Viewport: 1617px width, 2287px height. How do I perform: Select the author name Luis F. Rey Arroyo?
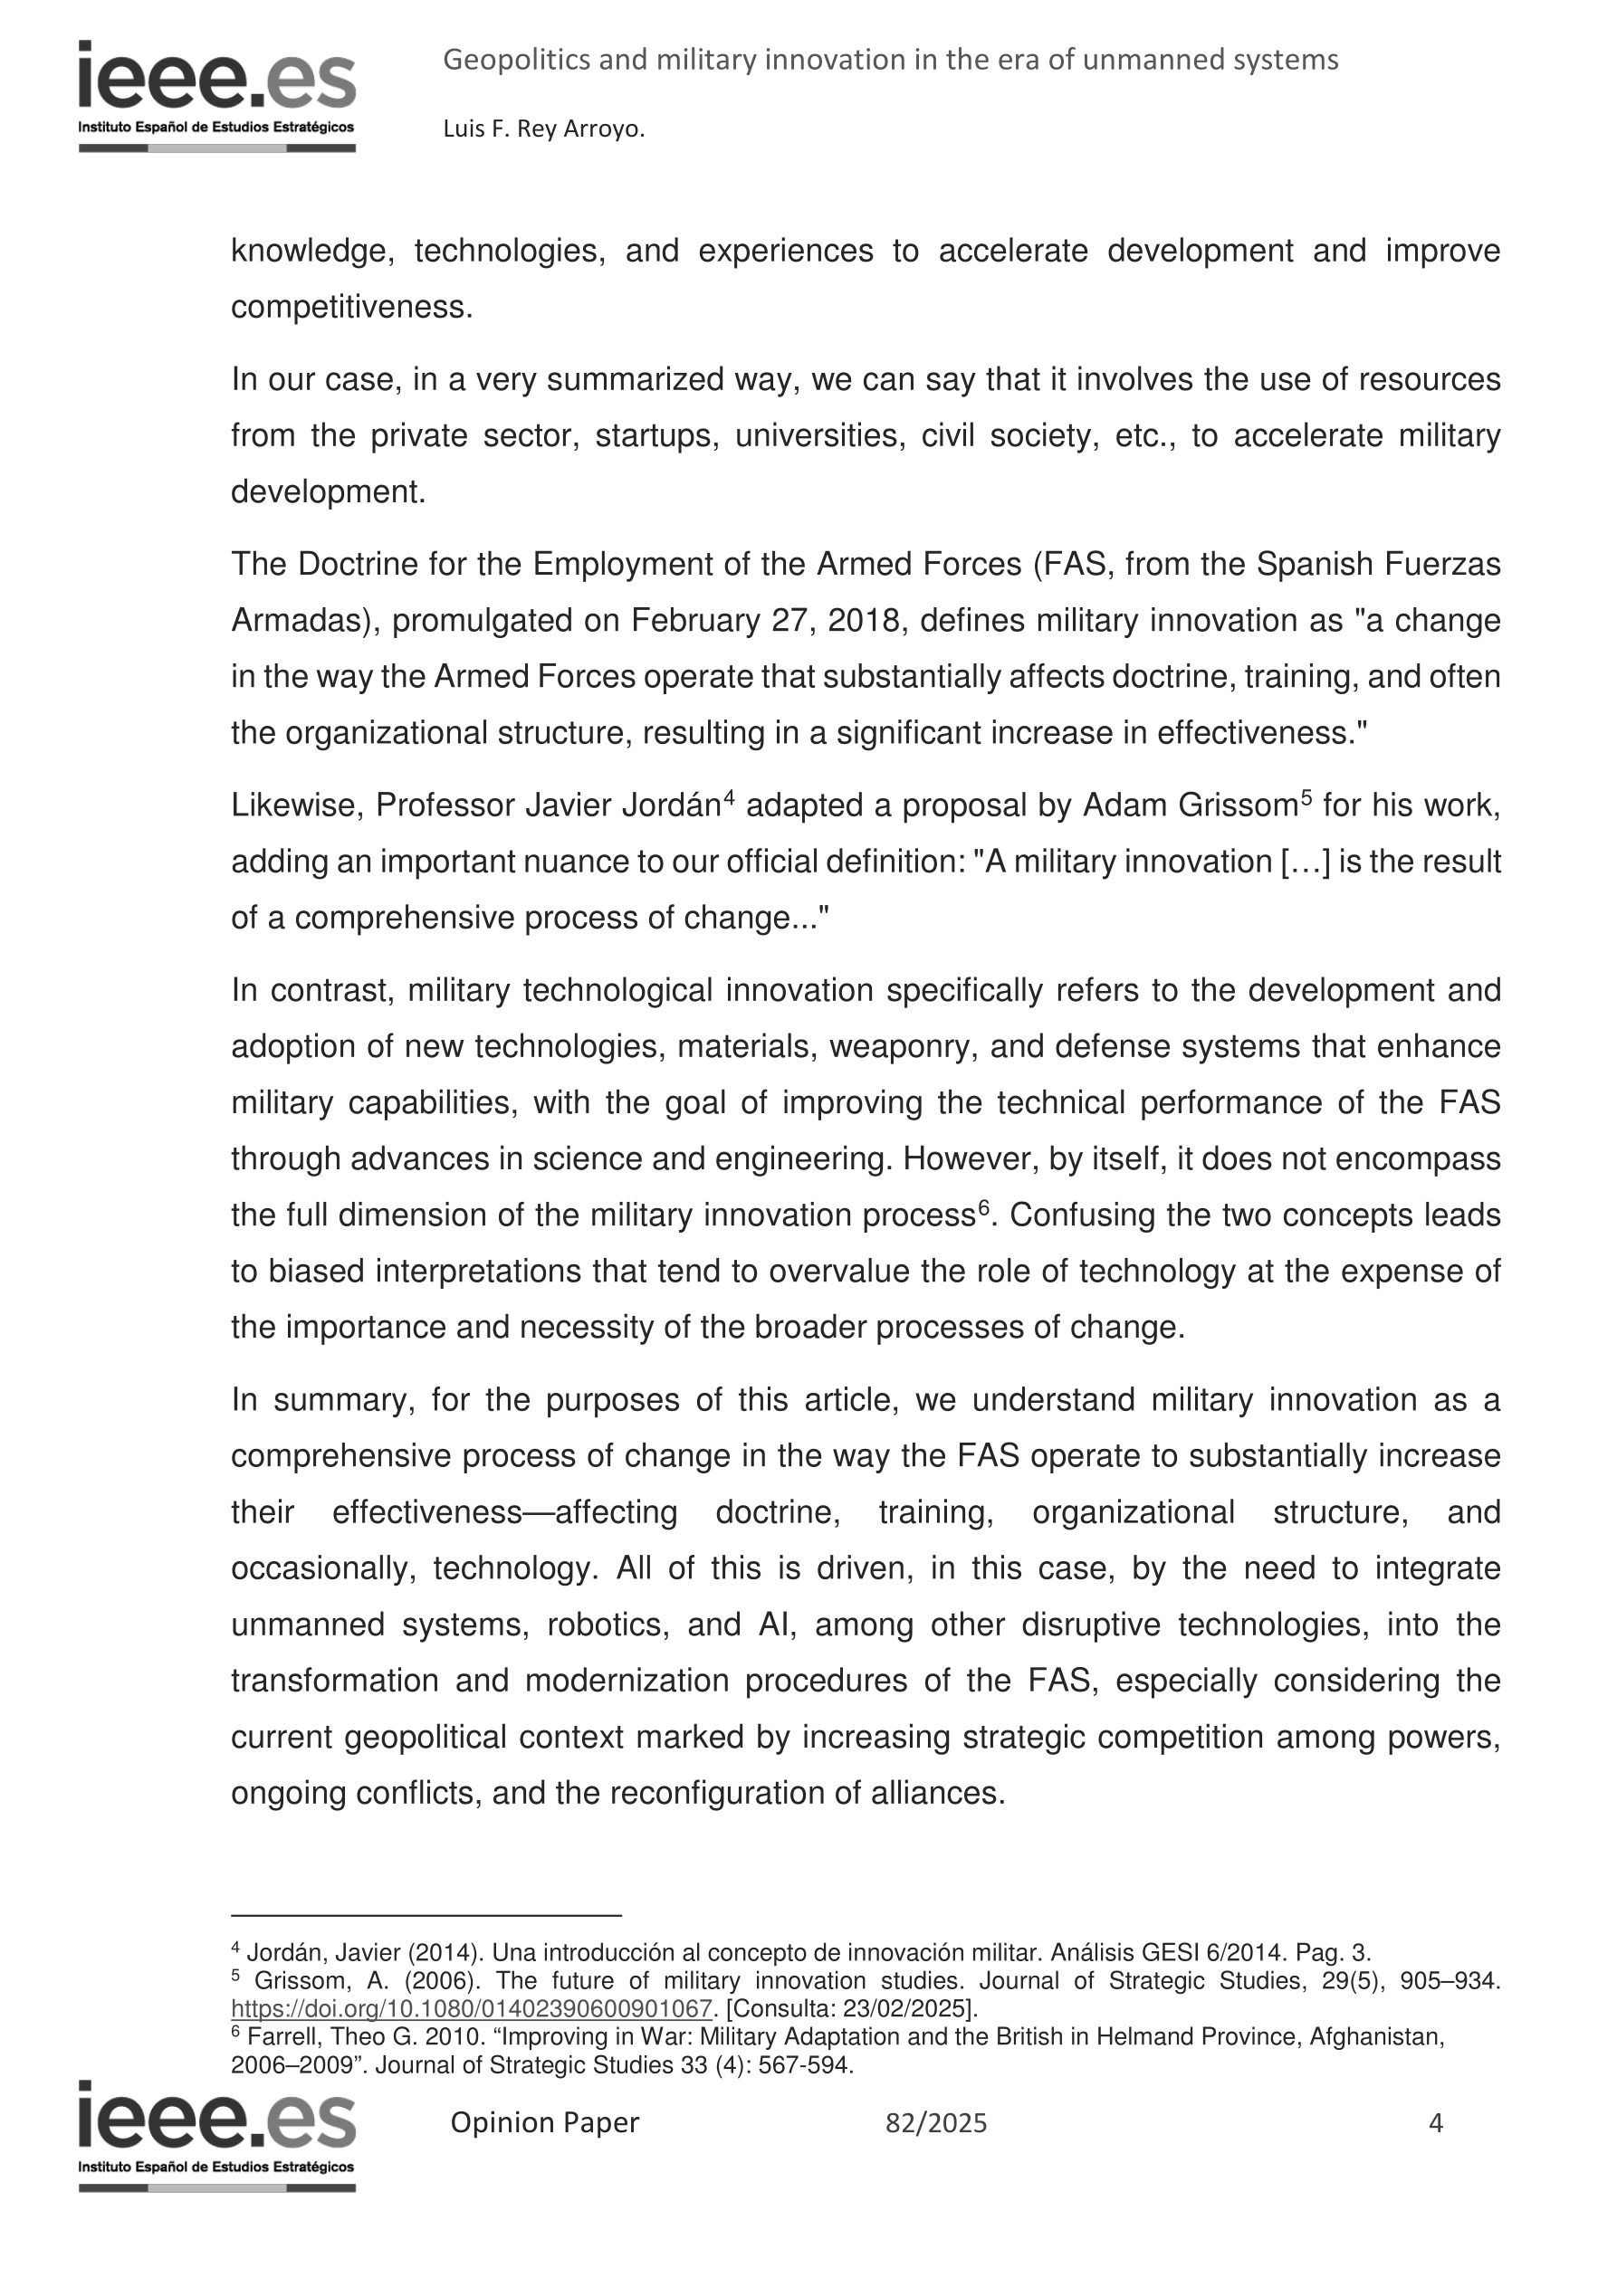(x=543, y=129)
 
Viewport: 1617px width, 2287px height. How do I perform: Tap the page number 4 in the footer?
(x=1435, y=2122)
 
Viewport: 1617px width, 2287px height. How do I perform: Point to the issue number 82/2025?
(x=935, y=2123)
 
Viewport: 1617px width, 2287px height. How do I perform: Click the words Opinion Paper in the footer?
(x=544, y=2122)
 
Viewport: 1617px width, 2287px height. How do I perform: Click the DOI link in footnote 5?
(x=472, y=2008)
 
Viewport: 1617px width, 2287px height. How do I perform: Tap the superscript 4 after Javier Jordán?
(x=728, y=796)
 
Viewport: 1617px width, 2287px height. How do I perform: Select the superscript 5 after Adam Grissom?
(x=1306, y=796)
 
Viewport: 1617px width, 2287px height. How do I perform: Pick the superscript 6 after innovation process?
(x=983, y=1206)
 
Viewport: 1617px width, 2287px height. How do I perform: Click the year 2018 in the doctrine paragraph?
(x=864, y=621)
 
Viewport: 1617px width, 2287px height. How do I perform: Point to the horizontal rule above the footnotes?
(x=426, y=1914)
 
